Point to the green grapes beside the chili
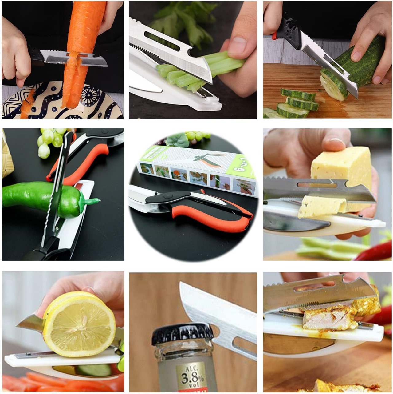click(51, 140)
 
